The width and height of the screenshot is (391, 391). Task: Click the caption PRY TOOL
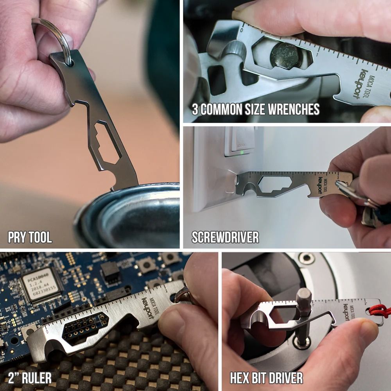point(30,237)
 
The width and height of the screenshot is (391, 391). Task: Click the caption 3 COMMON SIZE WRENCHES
point(256,109)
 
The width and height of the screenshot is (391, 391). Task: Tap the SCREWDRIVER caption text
point(225,237)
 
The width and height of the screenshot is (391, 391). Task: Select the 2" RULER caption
point(30,378)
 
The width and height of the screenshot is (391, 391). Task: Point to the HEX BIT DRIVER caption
point(266,378)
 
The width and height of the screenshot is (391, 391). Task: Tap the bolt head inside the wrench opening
point(284,56)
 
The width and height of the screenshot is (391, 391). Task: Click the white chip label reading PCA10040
point(41,283)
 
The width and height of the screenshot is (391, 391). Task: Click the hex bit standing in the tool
point(303,317)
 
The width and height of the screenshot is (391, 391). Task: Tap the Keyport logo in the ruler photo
point(147,308)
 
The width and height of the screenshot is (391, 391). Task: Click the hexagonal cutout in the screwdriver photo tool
point(275,183)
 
